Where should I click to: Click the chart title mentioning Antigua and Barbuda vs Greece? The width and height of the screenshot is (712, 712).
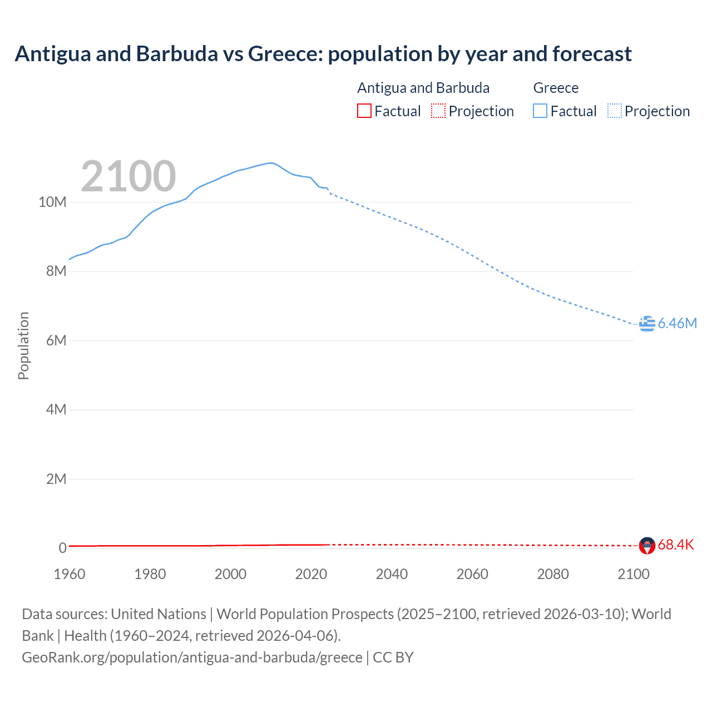(x=323, y=54)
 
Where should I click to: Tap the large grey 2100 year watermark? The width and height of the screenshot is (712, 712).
(x=128, y=176)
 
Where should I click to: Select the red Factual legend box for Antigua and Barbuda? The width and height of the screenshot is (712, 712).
(x=364, y=111)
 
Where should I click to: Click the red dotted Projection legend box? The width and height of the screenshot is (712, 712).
(x=438, y=111)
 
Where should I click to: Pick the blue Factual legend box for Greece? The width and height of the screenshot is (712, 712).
(x=540, y=111)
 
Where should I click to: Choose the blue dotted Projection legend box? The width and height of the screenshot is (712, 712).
(x=614, y=111)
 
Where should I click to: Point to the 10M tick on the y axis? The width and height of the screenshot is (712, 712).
(x=52, y=202)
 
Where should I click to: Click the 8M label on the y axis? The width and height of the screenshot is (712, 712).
(x=56, y=271)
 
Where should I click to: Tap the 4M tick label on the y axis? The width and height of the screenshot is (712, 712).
(x=56, y=410)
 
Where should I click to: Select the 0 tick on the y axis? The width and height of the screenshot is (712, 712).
(x=62, y=548)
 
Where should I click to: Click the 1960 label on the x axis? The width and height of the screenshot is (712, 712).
(x=70, y=574)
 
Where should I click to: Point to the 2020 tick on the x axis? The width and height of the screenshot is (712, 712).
(x=311, y=574)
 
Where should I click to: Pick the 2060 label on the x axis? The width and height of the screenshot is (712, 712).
(x=472, y=574)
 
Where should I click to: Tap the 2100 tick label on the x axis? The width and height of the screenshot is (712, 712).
(x=633, y=574)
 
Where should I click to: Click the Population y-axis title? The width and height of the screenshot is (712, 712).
(x=23, y=345)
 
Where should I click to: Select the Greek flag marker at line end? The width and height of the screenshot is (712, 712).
(x=647, y=323)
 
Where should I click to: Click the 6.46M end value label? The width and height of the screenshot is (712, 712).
(x=677, y=323)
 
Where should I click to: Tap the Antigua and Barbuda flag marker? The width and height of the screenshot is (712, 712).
(x=647, y=545)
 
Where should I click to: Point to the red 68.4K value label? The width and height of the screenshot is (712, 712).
(x=675, y=545)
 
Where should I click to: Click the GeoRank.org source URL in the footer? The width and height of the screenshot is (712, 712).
(x=192, y=657)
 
